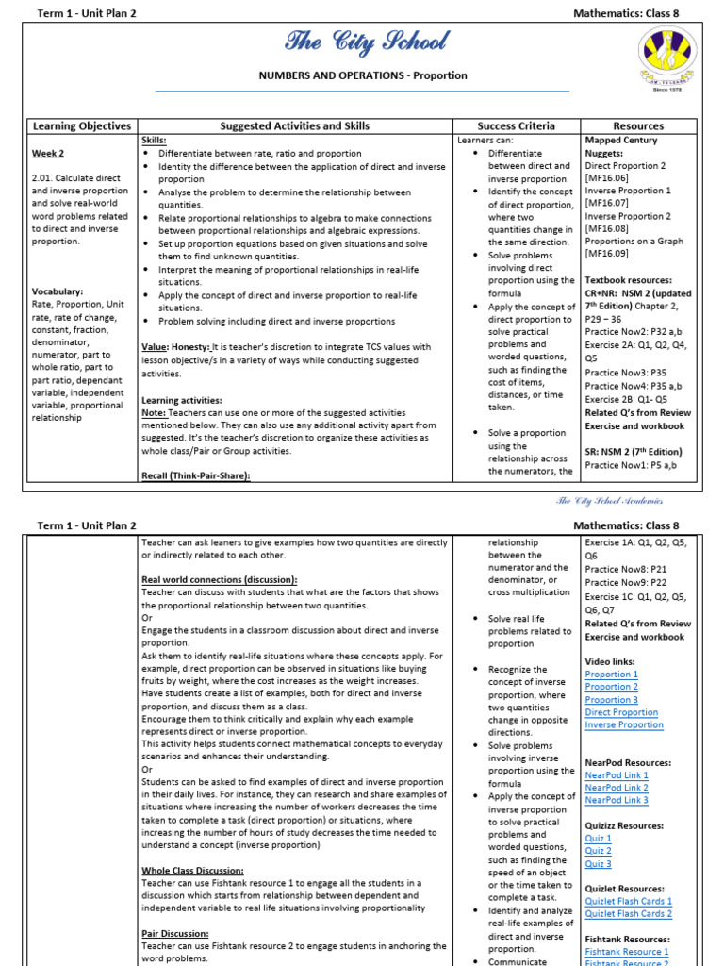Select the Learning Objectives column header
(82, 125)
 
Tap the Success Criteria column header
(516, 125)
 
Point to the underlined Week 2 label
(48, 153)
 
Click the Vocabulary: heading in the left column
(58, 291)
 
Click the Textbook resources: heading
(628, 280)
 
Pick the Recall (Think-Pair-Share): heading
(196, 476)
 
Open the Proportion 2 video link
(611, 687)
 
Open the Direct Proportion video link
(621, 712)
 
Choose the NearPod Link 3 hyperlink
(616, 800)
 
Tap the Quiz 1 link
(598, 838)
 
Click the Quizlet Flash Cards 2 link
(628, 913)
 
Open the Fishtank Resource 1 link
(627, 952)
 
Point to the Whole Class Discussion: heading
(192, 871)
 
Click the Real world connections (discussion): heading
(219, 579)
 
